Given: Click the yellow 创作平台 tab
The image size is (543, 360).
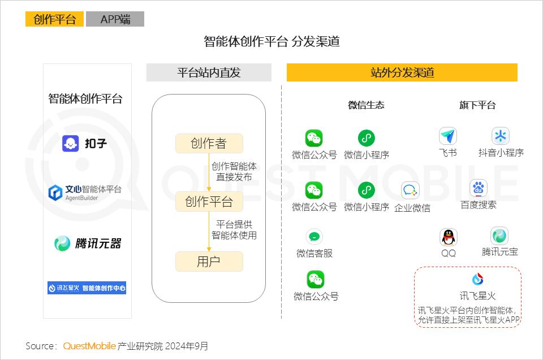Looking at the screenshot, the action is pyautogui.click(x=54, y=19).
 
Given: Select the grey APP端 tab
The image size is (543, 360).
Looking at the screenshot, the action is pyautogui.click(x=115, y=19).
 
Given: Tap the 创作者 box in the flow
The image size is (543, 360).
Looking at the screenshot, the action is pyautogui.click(x=209, y=143).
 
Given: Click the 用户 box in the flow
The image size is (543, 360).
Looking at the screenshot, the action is pyautogui.click(x=209, y=262).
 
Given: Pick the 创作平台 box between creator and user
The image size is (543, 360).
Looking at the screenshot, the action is pyautogui.click(x=209, y=202).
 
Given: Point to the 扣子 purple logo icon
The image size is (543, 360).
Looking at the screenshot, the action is pyautogui.click(x=70, y=143).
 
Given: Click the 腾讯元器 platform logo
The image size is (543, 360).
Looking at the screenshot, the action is pyautogui.click(x=88, y=243).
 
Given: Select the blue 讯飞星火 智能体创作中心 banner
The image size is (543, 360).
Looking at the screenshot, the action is pyautogui.click(x=87, y=288).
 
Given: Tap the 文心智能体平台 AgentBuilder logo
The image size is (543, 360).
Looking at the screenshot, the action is pyautogui.click(x=85, y=192).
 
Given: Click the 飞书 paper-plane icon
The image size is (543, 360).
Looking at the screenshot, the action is pyautogui.click(x=448, y=136).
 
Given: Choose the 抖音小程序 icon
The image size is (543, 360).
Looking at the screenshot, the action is pyautogui.click(x=501, y=136).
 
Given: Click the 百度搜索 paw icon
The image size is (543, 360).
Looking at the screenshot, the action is pyautogui.click(x=479, y=188).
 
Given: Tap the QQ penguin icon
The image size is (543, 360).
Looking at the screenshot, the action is pyautogui.click(x=448, y=237).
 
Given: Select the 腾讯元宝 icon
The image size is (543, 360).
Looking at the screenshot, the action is pyautogui.click(x=499, y=236).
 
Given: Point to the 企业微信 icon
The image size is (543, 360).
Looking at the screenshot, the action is pyautogui.click(x=411, y=190).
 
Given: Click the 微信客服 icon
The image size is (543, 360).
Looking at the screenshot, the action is pyautogui.click(x=314, y=237).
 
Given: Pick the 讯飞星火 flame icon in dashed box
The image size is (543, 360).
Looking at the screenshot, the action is pyautogui.click(x=478, y=279).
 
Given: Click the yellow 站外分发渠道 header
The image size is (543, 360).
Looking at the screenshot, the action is pyautogui.click(x=402, y=72).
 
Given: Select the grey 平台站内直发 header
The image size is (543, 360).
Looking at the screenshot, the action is pyautogui.click(x=209, y=72).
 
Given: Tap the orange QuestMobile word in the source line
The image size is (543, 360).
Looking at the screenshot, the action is pyautogui.click(x=89, y=346).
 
